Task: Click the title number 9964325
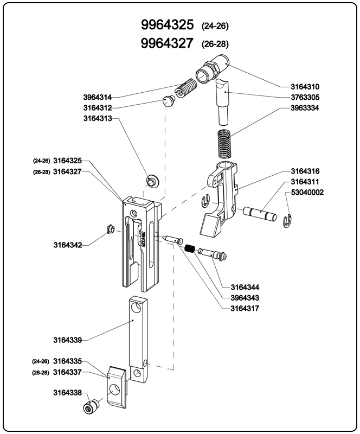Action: (167, 25)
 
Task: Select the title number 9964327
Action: (167, 43)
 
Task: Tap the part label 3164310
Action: (305, 87)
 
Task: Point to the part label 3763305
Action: (305, 98)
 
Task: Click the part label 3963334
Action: (305, 108)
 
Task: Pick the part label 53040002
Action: (307, 192)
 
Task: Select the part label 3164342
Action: (67, 245)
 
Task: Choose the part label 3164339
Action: (67, 340)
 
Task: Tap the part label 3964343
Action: (245, 298)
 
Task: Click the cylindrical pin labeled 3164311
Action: (259, 212)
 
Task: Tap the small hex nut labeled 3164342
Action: (108, 229)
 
